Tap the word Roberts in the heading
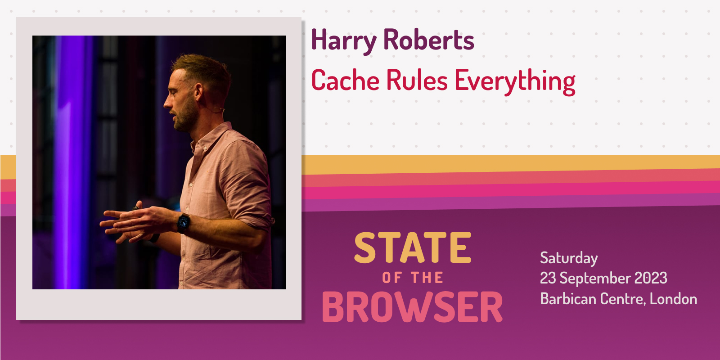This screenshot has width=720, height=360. [x=428, y=40]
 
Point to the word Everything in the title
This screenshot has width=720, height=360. [x=515, y=81]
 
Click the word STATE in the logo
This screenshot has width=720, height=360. [x=413, y=248]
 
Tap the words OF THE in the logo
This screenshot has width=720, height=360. [x=413, y=278]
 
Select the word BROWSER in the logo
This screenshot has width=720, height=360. [x=412, y=307]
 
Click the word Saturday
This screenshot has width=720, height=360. [x=569, y=258]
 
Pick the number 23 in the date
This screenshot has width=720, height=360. [x=548, y=278]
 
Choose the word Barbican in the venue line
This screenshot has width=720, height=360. [x=568, y=299]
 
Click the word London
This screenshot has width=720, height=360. [x=673, y=299]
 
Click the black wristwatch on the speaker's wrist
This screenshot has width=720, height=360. [x=183, y=222]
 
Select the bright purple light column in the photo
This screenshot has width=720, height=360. [x=72, y=162]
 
